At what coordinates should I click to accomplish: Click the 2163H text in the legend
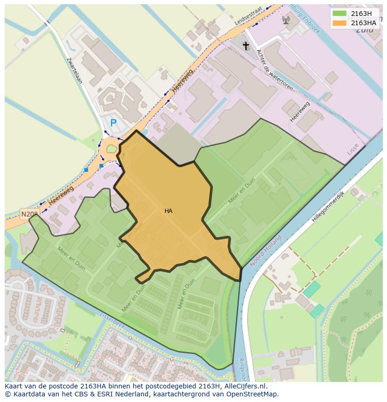click(x=361, y=13)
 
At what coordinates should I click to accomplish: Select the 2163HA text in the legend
click(x=363, y=23)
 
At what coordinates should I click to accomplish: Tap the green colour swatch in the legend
click(x=340, y=13)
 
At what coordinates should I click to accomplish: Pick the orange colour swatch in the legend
click(x=340, y=23)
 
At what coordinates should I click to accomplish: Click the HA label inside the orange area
click(x=168, y=211)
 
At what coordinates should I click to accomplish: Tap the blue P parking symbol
click(x=113, y=123)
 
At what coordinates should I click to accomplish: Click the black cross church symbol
click(x=246, y=46)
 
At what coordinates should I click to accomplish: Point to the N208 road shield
click(x=29, y=214)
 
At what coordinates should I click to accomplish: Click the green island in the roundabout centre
click(x=111, y=149)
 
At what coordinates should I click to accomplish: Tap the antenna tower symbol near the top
click(x=286, y=20)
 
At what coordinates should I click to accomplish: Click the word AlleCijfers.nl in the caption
click(x=246, y=386)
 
